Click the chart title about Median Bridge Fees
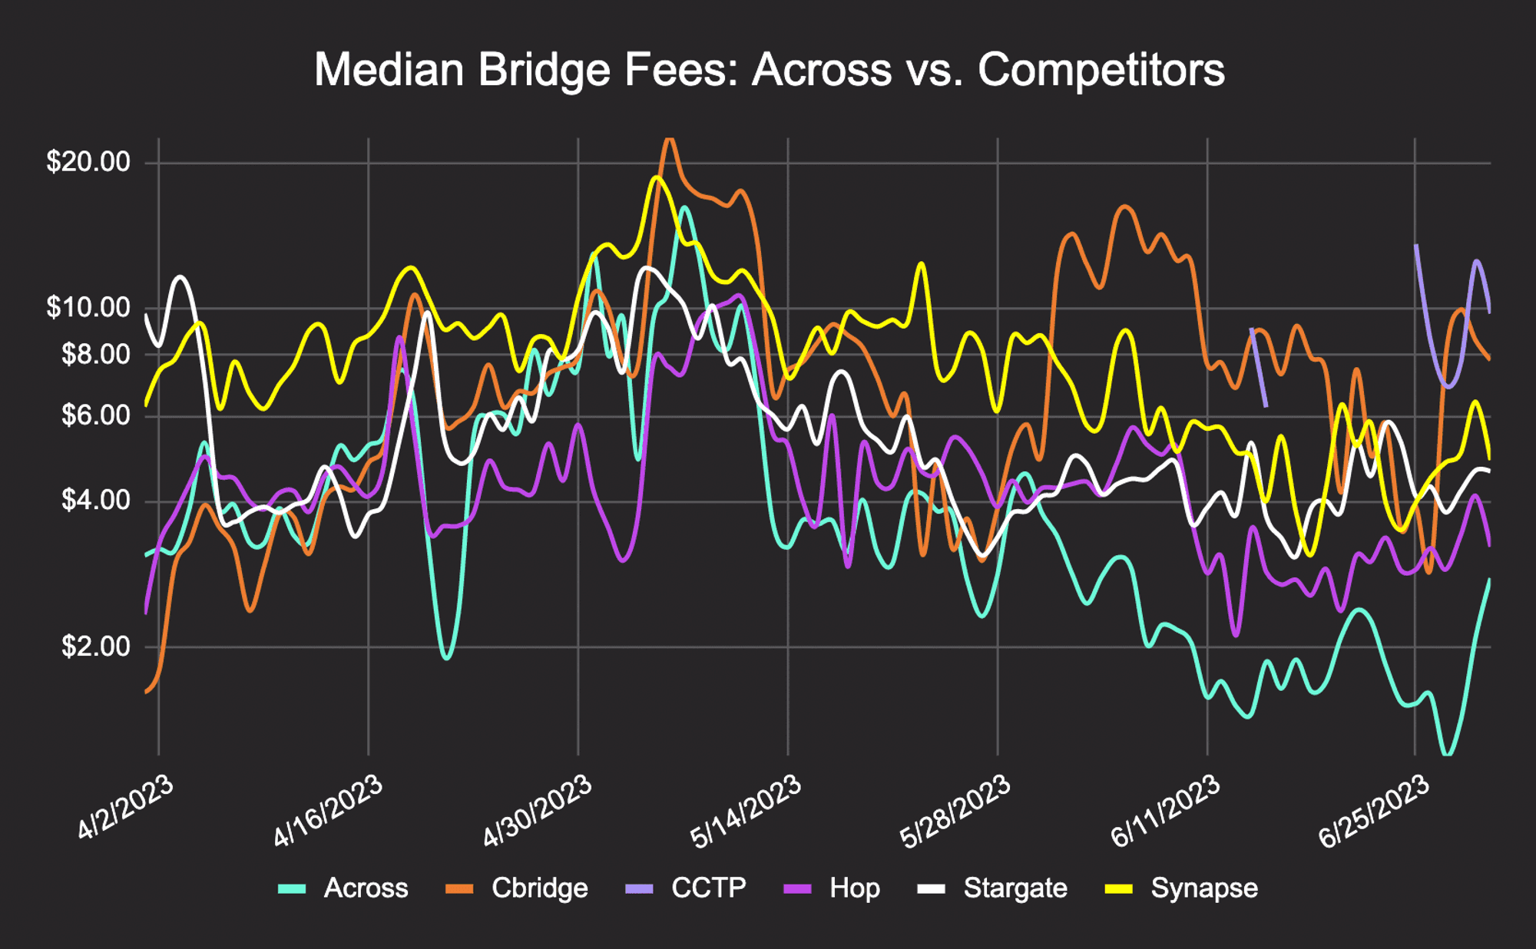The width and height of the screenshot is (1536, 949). tap(769, 70)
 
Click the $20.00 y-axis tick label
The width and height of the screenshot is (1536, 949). tap(88, 162)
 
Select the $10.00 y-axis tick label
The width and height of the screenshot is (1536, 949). tap(88, 307)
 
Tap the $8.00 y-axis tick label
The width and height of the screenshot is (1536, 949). tap(95, 354)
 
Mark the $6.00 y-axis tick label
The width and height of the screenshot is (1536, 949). tap(95, 415)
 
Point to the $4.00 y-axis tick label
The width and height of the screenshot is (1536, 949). tap(95, 501)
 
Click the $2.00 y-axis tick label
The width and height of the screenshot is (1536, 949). tap(95, 646)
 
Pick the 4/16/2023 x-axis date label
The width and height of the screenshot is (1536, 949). tap(328, 811)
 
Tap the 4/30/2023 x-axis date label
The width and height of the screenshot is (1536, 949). tap(538, 811)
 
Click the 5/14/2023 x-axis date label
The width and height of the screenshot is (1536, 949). tap(746, 811)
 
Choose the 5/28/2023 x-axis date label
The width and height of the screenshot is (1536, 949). tap(955, 811)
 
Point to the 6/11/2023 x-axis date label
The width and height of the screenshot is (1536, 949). tap(1166, 811)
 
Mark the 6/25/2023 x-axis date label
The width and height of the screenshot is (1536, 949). tap(1375, 811)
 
